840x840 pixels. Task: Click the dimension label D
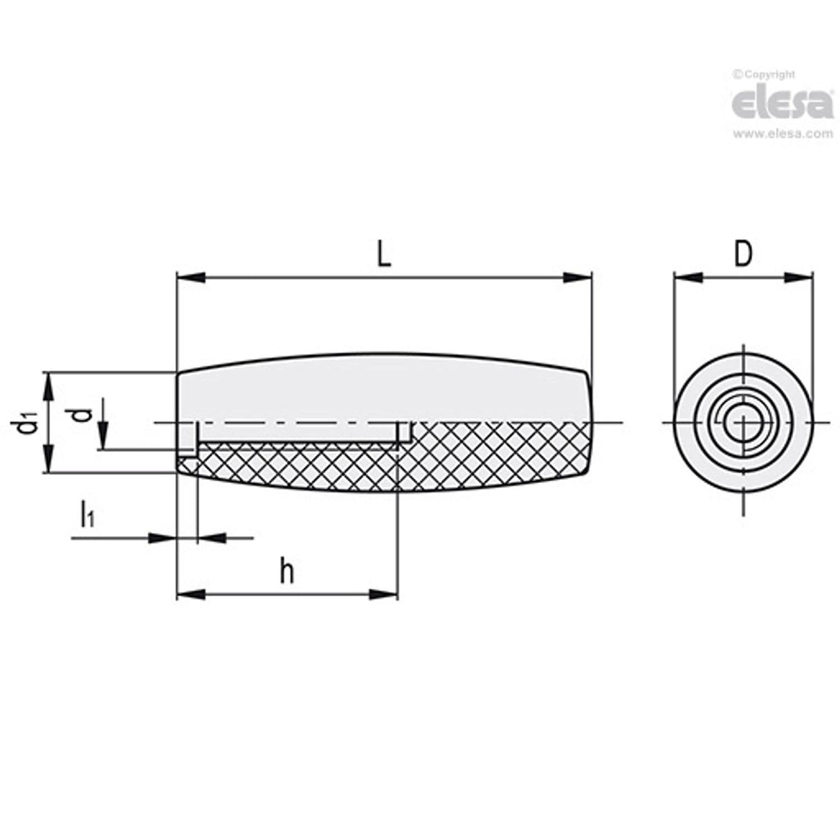click(x=742, y=254)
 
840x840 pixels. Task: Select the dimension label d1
click(x=25, y=423)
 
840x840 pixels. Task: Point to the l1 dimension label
click(x=87, y=515)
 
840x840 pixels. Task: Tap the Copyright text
click(x=764, y=75)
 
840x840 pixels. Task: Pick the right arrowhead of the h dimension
click(x=384, y=594)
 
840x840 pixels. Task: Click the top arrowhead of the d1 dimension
click(x=48, y=386)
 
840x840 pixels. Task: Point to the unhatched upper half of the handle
click(x=381, y=387)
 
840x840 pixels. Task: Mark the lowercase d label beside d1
click(x=82, y=414)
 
